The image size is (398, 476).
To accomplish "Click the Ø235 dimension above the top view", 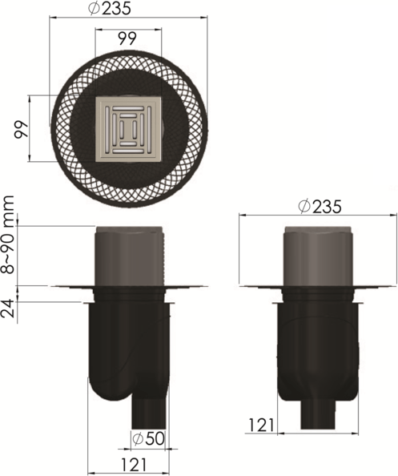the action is tap(110, 9).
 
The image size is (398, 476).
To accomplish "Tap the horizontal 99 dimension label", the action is tap(127, 38).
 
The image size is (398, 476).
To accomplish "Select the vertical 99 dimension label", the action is tap(22, 130).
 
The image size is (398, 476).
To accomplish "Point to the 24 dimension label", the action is tap(8, 309).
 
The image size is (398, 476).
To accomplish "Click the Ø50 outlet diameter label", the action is tap(148, 438).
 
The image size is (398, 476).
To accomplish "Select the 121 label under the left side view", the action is tap(134, 465).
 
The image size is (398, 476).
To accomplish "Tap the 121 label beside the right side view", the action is tap(261, 425).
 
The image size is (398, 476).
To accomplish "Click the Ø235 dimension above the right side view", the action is tap(320, 207).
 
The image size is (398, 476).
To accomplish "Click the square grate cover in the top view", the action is tap(129, 129).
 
